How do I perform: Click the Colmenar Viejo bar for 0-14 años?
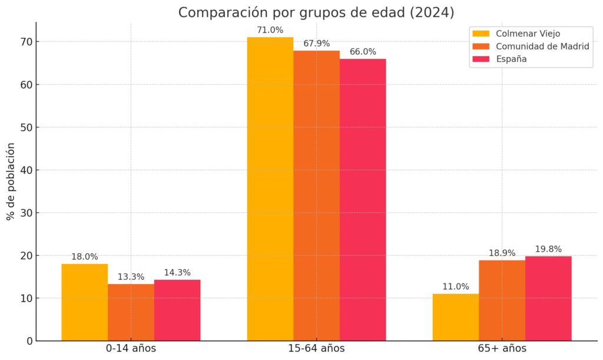84,302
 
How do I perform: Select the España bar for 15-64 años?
363,200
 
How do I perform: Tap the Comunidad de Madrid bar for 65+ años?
502,300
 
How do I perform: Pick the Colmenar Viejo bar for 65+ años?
456,317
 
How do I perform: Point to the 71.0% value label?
270,30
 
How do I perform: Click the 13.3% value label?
131,277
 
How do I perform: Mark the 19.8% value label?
548,249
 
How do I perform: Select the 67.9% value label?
316,44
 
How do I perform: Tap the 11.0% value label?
456,287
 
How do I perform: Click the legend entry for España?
511,59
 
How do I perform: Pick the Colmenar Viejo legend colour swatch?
481,34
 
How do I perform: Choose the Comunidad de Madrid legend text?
542,46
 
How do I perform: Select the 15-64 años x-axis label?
316,349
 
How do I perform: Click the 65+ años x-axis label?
502,349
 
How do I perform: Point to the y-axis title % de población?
11,181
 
